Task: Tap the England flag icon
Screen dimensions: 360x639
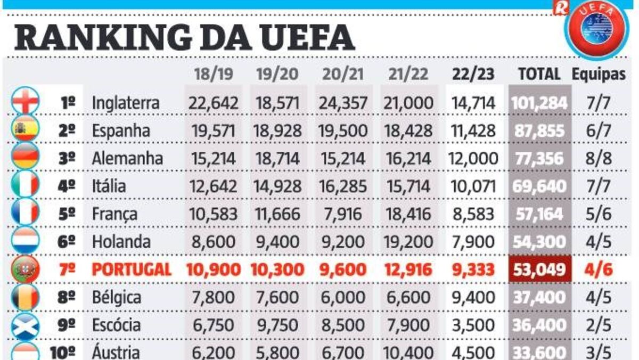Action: pos(26,101)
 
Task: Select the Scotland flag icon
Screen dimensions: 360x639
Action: pos(26,324)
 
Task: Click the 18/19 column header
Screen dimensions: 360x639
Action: pos(213,74)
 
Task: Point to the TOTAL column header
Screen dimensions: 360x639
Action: pos(539,74)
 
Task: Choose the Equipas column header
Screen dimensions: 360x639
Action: pos(599,74)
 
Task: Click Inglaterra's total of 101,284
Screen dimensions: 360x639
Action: pos(539,102)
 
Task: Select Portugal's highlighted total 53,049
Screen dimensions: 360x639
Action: pos(539,269)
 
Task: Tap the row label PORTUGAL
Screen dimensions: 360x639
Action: pos(132,269)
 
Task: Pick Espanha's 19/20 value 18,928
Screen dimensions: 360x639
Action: pos(278,130)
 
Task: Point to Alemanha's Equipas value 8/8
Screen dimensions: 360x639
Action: pos(599,158)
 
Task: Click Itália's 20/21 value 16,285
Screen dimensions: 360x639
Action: pos(343,186)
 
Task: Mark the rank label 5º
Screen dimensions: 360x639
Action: pos(66,214)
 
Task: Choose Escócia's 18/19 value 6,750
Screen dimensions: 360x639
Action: pos(213,325)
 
